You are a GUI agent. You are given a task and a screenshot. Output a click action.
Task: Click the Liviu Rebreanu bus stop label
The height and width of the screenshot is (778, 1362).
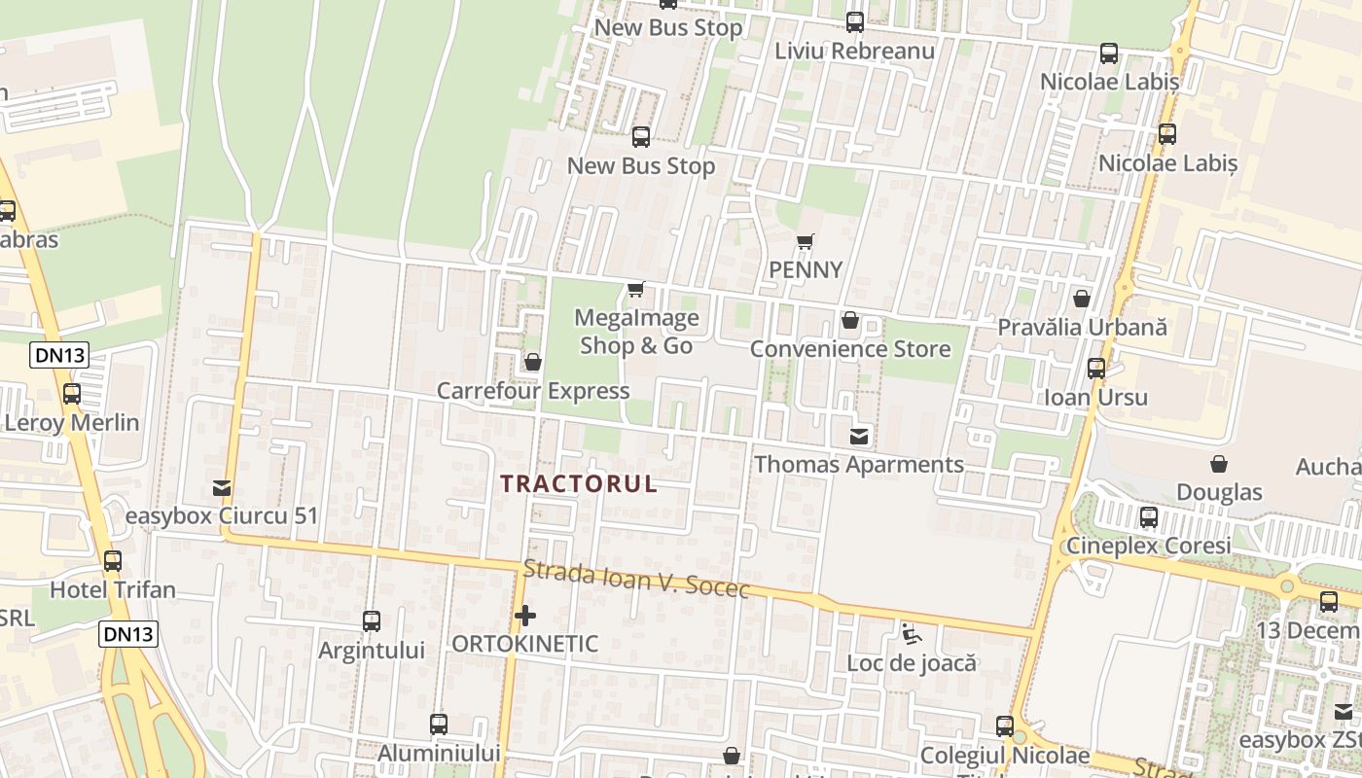pos(854,51)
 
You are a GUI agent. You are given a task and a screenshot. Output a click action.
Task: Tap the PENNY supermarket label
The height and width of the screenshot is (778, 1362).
pos(806,269)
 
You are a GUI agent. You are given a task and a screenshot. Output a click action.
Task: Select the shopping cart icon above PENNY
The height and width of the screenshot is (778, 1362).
pos(805,241)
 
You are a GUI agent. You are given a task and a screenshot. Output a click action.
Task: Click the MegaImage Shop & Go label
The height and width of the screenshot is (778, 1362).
pos(636,332)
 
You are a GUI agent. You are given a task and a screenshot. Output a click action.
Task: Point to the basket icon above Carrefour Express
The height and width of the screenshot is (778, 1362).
pos(532,362)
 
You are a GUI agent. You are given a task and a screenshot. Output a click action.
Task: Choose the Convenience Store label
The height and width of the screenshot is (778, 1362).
pos(850,348)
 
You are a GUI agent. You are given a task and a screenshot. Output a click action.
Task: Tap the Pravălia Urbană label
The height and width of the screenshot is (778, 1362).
pos(1082,327)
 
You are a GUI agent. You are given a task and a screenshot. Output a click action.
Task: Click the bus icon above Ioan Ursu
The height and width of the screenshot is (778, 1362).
pos(1096,369)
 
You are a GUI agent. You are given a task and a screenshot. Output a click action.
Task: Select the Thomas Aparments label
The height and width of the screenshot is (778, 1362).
pos(859,464)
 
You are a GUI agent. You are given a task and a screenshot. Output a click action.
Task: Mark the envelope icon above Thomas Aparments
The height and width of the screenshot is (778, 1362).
pos(859,436)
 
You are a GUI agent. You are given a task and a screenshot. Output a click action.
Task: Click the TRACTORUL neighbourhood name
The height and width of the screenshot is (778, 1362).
pos(579,483)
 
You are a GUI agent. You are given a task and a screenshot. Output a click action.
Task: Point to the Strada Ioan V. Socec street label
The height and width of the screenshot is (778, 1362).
pos(636,580)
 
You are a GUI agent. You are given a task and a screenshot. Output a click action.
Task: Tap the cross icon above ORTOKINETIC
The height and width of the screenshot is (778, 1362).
pos(525,616)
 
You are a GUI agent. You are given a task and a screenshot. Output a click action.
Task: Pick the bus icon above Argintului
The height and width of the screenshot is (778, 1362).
pos(371,620)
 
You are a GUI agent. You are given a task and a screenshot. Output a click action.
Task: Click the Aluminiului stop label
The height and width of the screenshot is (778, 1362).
pos(439,753)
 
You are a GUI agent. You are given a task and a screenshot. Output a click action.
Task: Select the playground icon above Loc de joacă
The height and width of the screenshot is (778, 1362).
pos(911,634)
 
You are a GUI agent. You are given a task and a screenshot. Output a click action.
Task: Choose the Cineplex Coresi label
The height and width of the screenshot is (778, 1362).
pos(1148,545)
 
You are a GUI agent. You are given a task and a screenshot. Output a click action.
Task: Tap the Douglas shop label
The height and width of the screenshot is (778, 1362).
pos(1219,492)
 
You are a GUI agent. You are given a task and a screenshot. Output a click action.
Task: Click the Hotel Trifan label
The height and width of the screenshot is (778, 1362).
pos(113,589)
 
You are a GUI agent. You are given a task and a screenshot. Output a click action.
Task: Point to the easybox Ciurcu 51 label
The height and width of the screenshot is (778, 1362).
pos(222,515)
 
